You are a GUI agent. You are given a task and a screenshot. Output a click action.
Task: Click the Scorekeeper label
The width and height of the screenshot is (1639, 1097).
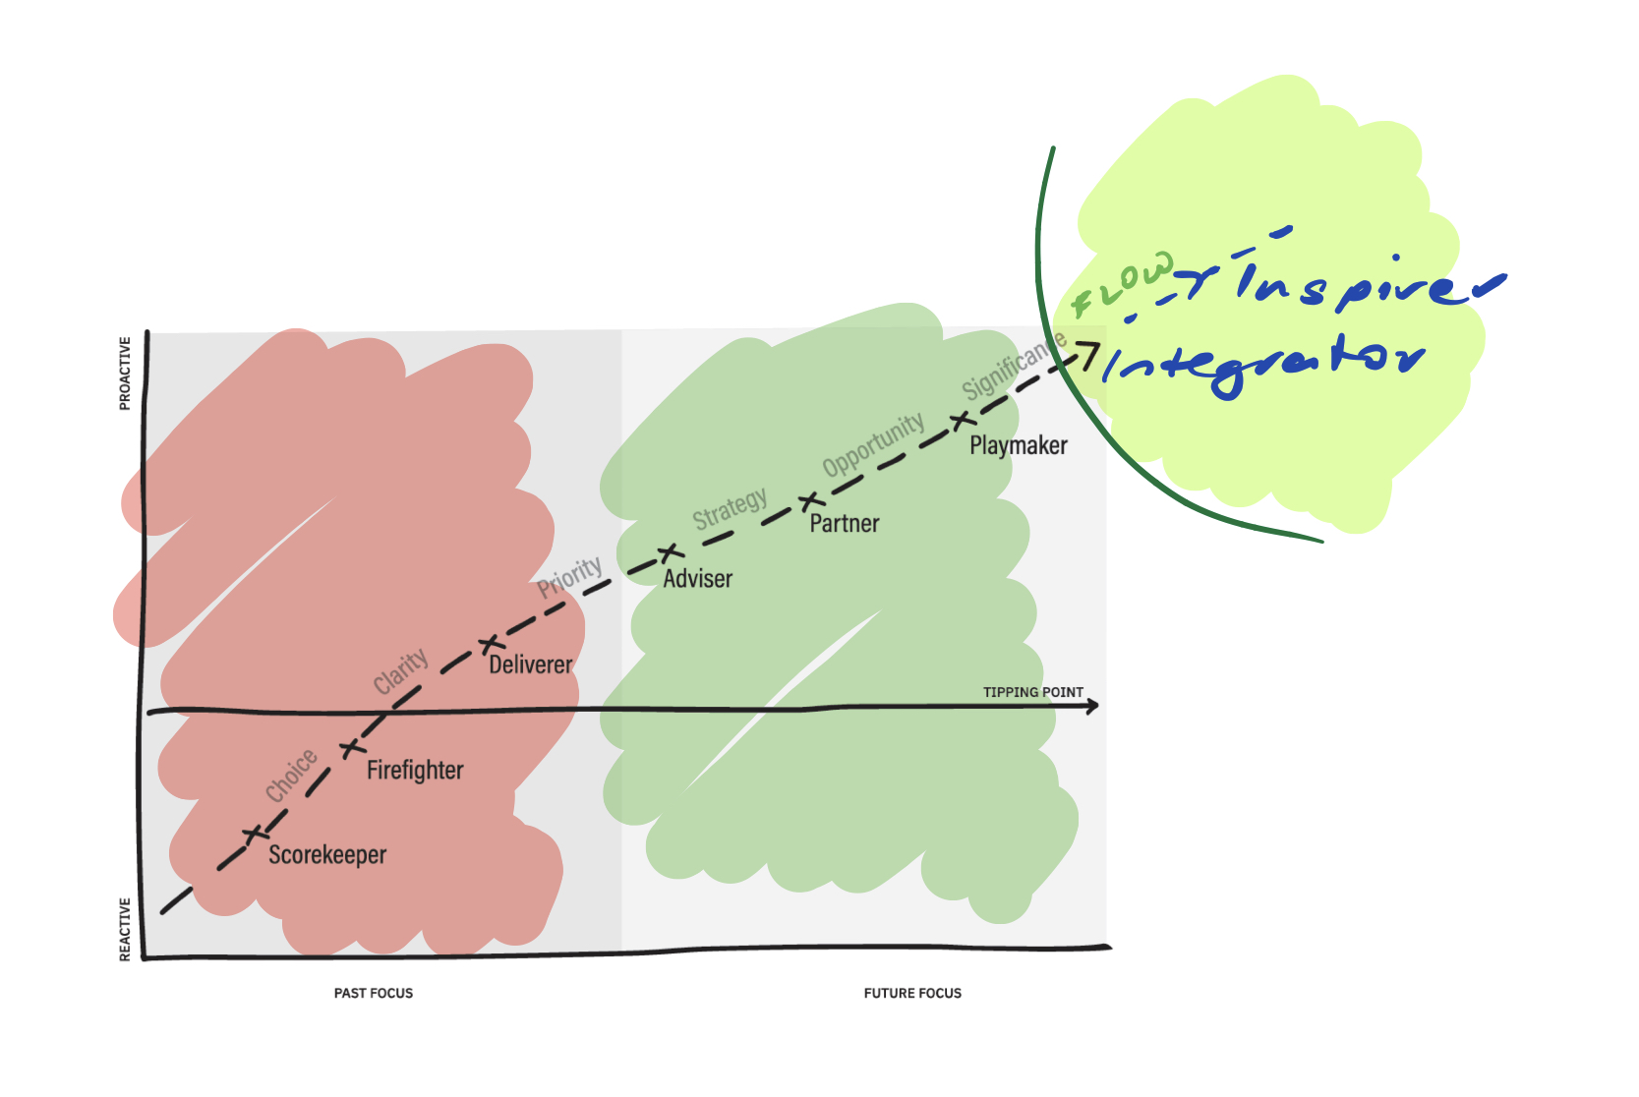coord(327,855)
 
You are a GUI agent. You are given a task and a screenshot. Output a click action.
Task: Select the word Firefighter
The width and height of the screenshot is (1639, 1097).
coord(415,770)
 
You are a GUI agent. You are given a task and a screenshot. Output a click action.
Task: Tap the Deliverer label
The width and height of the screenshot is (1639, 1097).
coord(531,665)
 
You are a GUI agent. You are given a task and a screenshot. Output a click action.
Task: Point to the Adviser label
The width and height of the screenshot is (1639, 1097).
coord(698,579)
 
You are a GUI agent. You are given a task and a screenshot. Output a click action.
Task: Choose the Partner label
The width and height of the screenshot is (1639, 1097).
coord(845,524)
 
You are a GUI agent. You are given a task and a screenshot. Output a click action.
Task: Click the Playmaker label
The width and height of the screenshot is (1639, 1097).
coord(1019,446)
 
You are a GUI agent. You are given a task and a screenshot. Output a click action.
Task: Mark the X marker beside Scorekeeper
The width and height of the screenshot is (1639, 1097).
coord(254,835)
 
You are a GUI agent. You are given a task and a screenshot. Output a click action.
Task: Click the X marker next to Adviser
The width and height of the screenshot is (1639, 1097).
coord(670,553)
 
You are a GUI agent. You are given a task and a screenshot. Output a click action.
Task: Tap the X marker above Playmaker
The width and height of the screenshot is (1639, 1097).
coord(962,422)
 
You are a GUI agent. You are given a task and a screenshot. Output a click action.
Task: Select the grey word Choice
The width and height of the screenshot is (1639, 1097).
coord(292,775)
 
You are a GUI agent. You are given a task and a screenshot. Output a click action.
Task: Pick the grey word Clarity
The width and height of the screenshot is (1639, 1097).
coord(401,670)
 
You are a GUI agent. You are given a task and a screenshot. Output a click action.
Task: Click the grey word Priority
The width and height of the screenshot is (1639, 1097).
coord(570,577)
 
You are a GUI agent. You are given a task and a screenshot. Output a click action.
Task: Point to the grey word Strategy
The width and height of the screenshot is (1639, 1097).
coord(730,508)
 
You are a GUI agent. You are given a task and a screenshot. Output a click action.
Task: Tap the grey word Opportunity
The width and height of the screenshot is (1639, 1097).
coord(874,444)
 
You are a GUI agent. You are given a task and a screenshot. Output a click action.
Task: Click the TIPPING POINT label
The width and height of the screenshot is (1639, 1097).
coord(1032,692)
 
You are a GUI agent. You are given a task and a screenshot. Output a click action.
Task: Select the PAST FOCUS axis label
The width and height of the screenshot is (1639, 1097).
coord(374,993)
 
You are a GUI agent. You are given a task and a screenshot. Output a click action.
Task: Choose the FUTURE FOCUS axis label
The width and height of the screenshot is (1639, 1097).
coord(912,993)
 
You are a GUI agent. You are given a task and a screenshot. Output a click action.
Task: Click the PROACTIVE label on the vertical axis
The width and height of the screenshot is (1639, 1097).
coord(125,374)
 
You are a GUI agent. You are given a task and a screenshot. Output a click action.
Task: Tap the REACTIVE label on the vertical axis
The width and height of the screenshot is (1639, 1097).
coord(125,929)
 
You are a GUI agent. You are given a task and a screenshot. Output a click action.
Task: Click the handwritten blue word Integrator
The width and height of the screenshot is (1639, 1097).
coord(1263,366)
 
